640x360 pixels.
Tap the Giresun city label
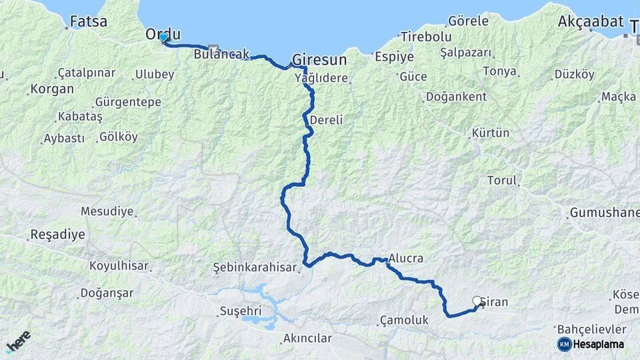(x=319, y=59)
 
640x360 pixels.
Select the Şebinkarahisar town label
(x=253, y=267)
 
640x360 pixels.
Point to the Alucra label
(x=407, y=258)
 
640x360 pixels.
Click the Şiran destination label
(x=494, y=302)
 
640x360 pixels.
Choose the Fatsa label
(x=89, y=21)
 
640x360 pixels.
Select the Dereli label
(x=327, y=120)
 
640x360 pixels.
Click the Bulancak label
(x=221, y=53)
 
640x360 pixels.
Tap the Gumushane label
(x=604, y=213)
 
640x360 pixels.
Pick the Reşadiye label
(x=57, y=235)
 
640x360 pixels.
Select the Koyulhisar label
(x=119, y=265)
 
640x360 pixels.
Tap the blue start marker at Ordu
(x=163, y=37)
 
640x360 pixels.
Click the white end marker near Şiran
(x=477, y=301)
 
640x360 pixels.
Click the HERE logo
(x=18, y=341)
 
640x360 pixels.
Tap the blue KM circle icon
(x=565, y=344)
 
